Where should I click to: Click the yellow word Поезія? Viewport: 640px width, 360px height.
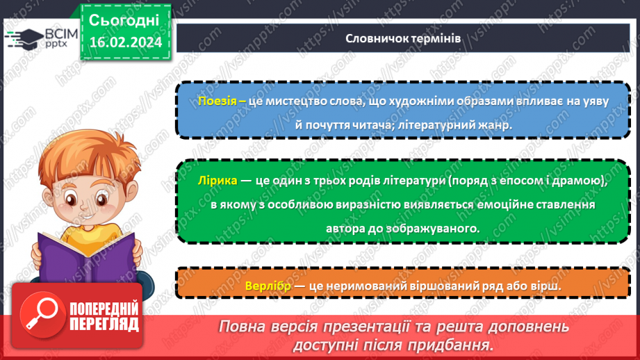coord(217,101)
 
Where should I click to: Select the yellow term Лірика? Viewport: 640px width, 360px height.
coord(218,181)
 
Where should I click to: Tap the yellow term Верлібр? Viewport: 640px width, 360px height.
coord(268,286)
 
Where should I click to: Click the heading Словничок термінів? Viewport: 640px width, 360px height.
coord(403,38)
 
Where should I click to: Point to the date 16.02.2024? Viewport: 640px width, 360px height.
coord(126,42)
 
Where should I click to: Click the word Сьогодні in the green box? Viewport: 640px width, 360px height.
coord(124,20)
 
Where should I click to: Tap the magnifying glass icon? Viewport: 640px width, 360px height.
coord(41,314)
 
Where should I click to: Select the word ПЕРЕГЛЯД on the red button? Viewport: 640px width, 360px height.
coord(104,325)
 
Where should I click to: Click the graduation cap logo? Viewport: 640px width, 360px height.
coord(25,39)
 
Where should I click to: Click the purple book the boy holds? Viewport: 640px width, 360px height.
coord(87,258)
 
